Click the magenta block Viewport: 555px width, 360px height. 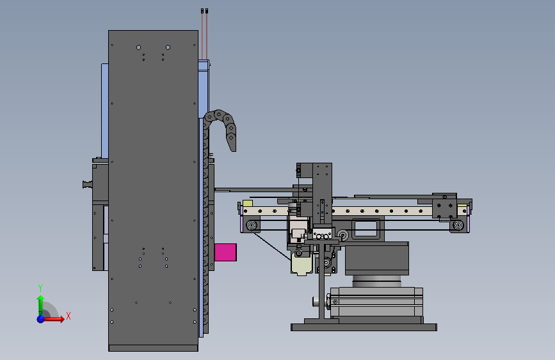point(225,252)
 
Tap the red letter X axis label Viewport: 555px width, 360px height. point(68,316)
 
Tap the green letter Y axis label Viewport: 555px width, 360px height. point(40,288)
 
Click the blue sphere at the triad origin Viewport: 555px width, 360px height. point(41,319)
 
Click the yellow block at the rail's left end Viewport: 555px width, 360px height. point(248,203)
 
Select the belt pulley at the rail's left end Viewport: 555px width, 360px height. point(252,225)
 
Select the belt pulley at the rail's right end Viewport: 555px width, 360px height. point(458,225)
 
